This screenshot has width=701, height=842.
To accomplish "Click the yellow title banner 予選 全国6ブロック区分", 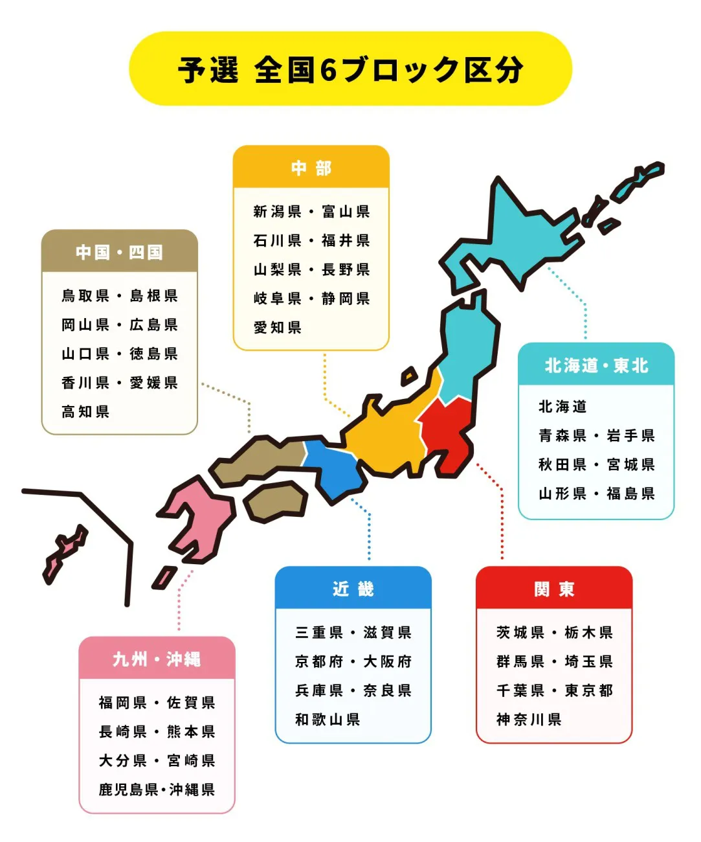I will [350, 69].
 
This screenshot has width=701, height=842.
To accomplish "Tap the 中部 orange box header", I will [311, 168].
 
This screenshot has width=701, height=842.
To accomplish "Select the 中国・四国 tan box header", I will [119, 252].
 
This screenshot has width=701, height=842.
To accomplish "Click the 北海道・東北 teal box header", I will [596, 366].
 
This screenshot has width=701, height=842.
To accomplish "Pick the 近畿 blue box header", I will [353, 589].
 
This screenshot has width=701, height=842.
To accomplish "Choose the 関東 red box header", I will [554, 589].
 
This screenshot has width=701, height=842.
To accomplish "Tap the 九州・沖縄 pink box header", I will [157, 659].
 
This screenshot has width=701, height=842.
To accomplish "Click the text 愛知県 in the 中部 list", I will [277, 328].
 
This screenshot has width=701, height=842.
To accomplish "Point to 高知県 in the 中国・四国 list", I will [85, 412].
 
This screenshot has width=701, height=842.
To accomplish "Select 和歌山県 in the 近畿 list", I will [328, 720].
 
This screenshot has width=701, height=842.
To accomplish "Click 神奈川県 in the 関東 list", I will [529, 720].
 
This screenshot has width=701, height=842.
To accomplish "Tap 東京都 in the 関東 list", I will [588, 690].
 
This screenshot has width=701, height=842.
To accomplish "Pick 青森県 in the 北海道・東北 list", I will [562, 436].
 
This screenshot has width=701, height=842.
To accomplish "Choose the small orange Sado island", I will [409, 376].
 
